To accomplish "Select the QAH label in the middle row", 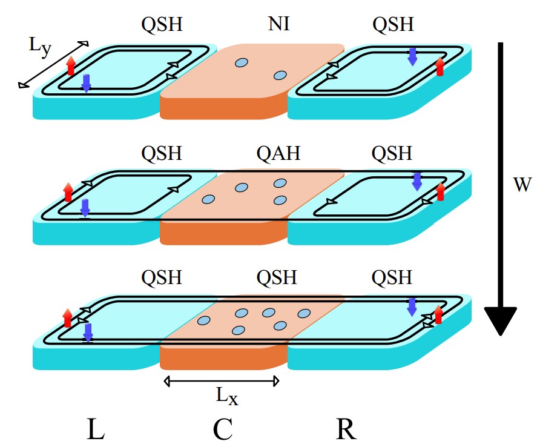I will coord(278,153).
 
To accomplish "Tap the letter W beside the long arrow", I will coord(522,185).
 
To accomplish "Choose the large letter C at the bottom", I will coord(223,429).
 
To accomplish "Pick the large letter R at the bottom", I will coord(346,429).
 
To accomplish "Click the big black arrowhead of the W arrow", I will coord(501,321).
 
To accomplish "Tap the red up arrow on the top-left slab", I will coord(71,65).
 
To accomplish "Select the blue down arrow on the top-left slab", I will coord(87,83).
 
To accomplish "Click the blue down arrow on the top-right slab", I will coord(412,56).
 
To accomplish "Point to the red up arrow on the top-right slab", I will coord(440,67).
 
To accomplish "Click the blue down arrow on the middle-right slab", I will coord(417,180).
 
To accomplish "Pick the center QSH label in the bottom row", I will coord(277,278).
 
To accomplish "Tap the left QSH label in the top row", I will coord(162,25).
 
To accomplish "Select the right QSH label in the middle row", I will coord(392,153).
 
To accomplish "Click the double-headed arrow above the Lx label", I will coord(222,381).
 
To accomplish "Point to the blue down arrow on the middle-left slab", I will coord(85,207).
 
